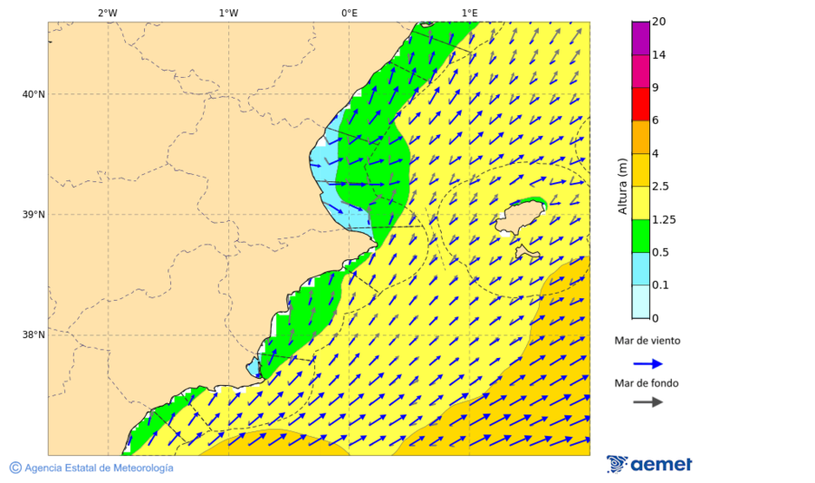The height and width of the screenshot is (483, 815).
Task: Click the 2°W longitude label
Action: [107, 13]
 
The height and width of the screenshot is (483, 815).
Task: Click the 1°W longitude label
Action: [228, 13]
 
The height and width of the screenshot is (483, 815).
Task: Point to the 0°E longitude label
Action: [349, 13]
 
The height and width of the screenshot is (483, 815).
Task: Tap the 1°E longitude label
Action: [469, 13]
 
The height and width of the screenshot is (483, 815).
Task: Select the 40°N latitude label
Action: [34, 94]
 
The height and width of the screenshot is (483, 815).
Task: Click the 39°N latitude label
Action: [34, 215]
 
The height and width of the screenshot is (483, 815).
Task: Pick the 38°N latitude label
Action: [34, 335]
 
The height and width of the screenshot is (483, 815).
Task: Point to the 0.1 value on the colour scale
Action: [660, 285]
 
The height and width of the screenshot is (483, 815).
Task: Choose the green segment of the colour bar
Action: [640, 236]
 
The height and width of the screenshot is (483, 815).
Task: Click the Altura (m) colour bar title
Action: [622, 186]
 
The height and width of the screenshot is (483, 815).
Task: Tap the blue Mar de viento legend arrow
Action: [647, 363]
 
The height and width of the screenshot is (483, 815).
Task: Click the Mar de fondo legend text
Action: [647, 382]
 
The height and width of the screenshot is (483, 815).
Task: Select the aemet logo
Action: [649, 464]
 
